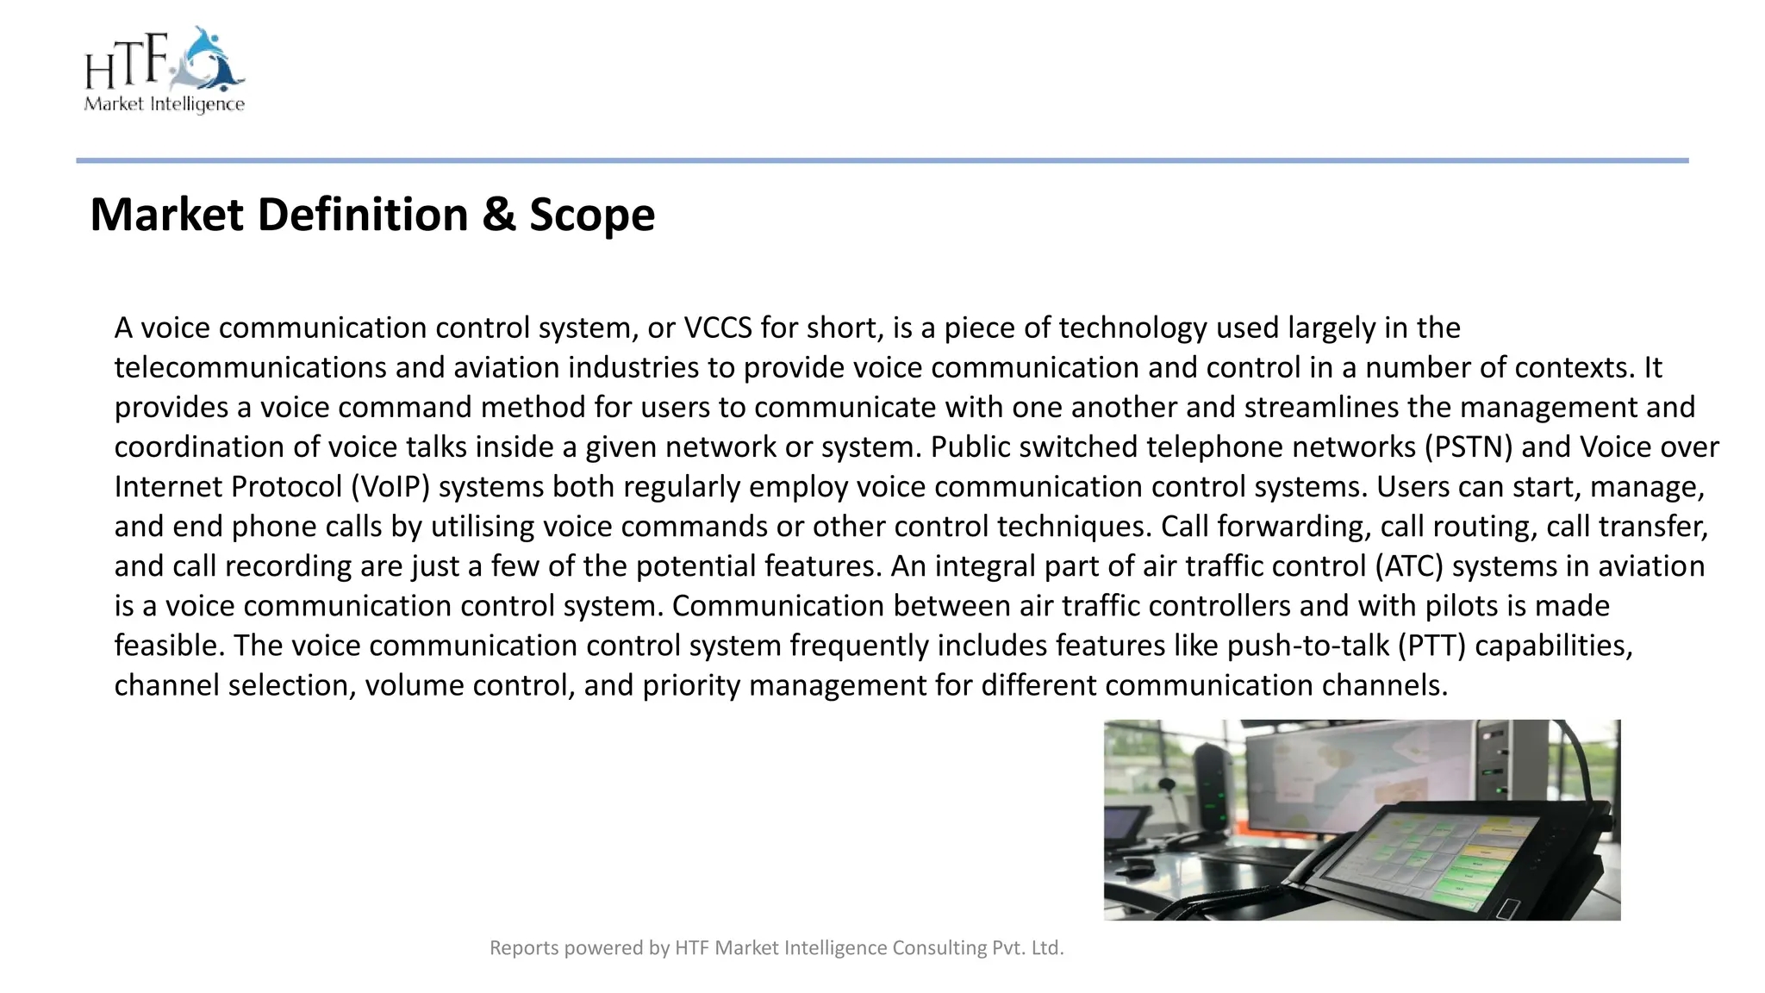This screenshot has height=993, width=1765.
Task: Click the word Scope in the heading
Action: click(x=591, y=215)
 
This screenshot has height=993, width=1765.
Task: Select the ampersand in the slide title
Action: click(x=498, y=215)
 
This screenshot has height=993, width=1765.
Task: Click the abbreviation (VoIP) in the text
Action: click(x=390, y=487)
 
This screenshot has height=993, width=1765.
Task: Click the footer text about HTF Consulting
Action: click(x=776, y=948)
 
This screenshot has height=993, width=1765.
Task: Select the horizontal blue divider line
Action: click(x=882, y=160)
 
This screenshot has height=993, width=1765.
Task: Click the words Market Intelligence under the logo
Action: click(x=164, y=104)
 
